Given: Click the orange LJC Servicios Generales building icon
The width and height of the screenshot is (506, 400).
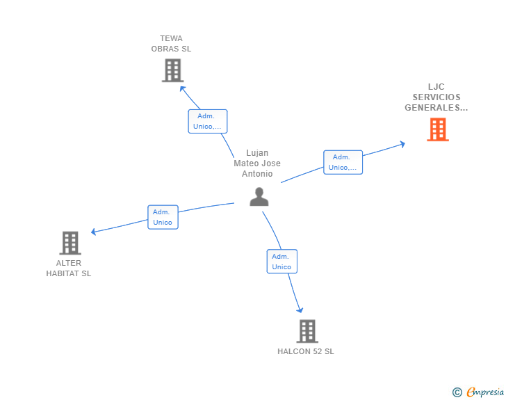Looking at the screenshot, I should (437, 129).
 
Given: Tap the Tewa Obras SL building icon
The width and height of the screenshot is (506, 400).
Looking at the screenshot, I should (172, 70).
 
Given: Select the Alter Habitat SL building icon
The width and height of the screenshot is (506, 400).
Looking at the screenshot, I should (70, 243).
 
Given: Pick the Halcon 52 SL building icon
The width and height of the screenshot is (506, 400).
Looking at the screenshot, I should (307, 331).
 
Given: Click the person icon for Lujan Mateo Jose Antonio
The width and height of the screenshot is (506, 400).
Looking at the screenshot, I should (259, 197).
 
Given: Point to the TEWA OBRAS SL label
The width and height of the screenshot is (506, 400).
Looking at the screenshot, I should (171, 44).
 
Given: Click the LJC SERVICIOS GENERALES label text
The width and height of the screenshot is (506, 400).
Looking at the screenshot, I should (436, 97).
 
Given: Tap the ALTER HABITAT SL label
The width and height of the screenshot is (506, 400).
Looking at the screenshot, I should (69, 269).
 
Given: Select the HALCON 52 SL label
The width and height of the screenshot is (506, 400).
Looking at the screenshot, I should (306, 351).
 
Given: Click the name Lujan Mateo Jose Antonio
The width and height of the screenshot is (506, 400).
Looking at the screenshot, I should (257, 163).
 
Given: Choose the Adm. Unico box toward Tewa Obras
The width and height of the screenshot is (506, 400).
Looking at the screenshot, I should (208, 121).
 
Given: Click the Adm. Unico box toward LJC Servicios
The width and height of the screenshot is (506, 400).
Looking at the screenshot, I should (343, 162).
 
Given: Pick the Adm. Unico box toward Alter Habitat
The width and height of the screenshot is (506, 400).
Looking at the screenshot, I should (163, 217).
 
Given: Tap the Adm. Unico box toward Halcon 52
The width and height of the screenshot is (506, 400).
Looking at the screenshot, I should (281, 262).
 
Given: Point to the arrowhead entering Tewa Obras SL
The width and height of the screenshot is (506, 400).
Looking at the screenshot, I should (182, 88).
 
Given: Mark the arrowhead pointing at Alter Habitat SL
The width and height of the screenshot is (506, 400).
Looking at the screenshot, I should (94, 232).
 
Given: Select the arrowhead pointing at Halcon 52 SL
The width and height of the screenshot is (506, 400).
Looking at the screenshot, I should (300, 310).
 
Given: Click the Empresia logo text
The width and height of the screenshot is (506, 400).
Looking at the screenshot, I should (485, 392).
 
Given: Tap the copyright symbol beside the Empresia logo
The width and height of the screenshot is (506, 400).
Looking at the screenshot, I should (457, 392).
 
